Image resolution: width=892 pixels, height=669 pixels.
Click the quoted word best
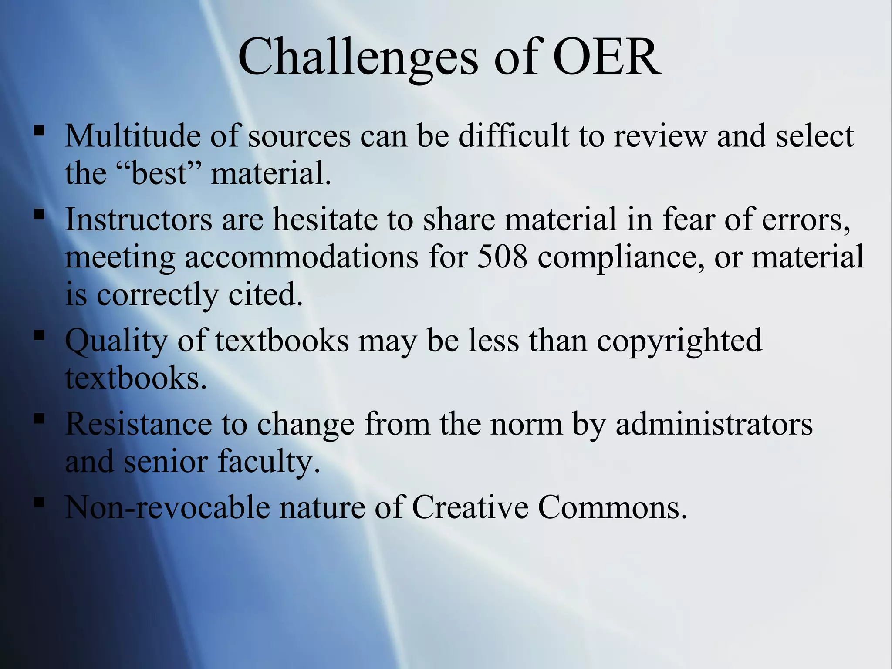(x=159, y=173)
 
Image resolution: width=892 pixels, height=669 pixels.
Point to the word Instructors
(x=139, y=219)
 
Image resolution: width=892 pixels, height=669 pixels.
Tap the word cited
(x=265, y=294)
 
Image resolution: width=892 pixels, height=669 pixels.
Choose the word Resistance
(x=139, y=424)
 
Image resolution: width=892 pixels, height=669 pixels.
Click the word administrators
(x=714, y=424)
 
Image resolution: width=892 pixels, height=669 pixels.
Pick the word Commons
(x=612, y=507)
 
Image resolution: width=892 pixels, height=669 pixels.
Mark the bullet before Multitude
(x=39, y=130)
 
